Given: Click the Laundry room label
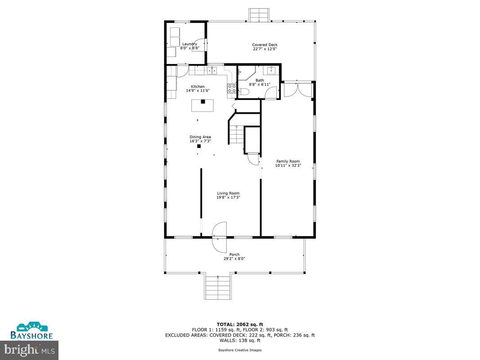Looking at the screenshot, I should pos(189,44).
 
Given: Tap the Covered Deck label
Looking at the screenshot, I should pos(265,45).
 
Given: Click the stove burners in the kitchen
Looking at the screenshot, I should pos(232,88).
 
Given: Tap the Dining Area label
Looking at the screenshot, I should pos(200,137).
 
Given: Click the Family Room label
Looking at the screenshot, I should pos(288,161).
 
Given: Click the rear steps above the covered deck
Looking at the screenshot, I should pos(259,15).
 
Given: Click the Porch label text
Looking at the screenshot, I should pos(234,254).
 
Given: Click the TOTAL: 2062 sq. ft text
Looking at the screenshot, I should pos(240,324).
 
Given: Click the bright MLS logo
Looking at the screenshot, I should pos(29,349).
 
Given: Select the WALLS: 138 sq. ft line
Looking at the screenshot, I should pos(240,340).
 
